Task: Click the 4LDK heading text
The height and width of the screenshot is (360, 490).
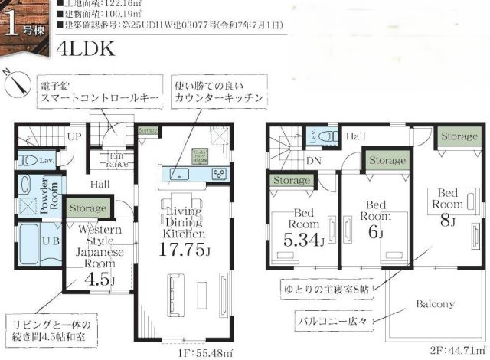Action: click(x=85, y=48)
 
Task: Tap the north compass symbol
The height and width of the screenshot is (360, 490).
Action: click(x=15, y=83)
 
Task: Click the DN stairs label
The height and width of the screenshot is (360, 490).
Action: click(x=312, y=162)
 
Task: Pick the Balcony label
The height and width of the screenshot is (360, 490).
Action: click(x=436, y=303)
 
